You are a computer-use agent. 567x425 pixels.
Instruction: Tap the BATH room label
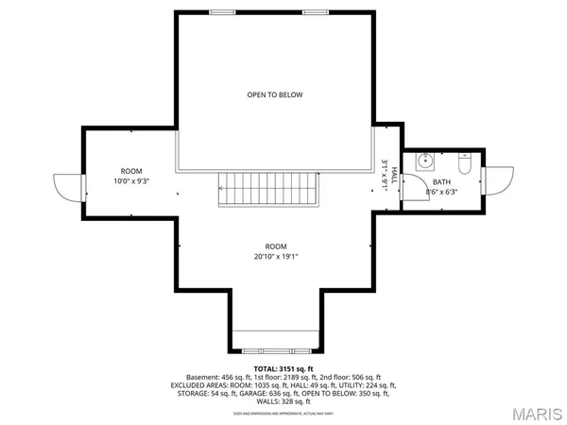click(442, 181)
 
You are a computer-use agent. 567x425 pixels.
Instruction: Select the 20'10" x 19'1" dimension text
click(275, 256)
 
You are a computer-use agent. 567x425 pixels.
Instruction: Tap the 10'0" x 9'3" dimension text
click(131, 180)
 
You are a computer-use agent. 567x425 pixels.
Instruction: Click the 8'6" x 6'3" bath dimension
click(441, 192)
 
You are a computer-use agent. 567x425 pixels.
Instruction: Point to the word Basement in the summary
click(204, 376)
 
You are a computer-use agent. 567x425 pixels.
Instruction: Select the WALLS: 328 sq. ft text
click(283, 402)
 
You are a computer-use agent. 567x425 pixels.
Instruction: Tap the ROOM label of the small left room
click(130, 170)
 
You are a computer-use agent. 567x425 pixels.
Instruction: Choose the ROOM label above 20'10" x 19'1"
click(275, 246)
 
